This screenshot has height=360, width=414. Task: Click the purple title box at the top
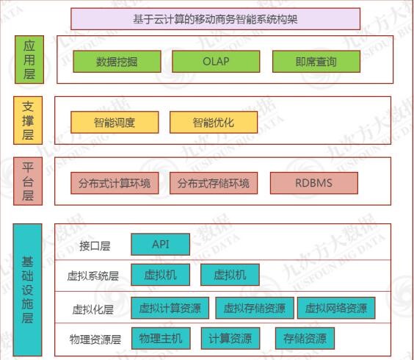click(x=215, y=19)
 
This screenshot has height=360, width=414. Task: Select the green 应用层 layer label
click(x=29, y=60)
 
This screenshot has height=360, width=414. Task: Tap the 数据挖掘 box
click(x=117, y=62)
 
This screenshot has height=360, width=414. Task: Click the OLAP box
click(x=216, y=62)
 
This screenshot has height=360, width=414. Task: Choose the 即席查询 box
click(x=316, y=62)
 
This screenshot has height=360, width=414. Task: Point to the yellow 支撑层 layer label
click(x=28, y=120)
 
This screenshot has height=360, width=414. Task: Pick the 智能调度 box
click(x=115, y=122)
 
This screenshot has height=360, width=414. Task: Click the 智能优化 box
click(x=214, y=122)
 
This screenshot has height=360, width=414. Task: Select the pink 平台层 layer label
click(x=28, y=181)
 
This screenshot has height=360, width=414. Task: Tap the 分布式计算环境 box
click(x=115, y=183)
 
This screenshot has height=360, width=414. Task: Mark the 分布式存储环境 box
click(x=214, y=183)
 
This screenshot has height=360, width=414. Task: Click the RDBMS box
click(x=314, y=183)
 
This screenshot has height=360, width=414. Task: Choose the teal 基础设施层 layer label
click(x=27, y=290)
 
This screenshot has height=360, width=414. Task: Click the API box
click(x=161, y=245)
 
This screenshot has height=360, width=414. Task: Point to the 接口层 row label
click(x=95, y=246)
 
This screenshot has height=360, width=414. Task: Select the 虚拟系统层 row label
click(x=92, y=276)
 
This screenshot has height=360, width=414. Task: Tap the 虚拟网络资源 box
click(x=336, y=308)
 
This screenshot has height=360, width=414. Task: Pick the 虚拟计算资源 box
click(x=170, y=308)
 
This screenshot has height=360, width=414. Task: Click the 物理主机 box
click(x=161, y=338)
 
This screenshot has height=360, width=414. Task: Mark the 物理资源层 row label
click(x=95, y=339)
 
